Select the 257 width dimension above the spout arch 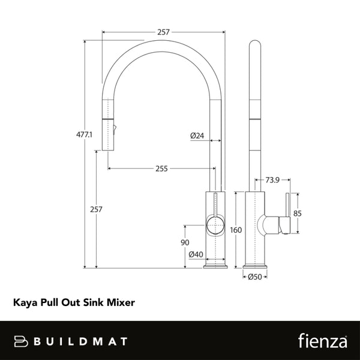[163, 32]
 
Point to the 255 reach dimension [161, 169]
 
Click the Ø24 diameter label [197, 136]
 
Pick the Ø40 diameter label [196, 254]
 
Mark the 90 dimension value [185, 242]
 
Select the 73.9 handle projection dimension [273, 179]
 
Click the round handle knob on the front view [214, 226]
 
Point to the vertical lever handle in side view [288, 213]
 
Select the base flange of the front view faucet [215, 265]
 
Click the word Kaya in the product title [26, 304]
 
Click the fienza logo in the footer [323, 341]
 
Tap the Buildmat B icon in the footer [21, 341]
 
